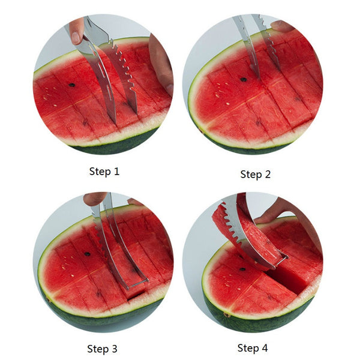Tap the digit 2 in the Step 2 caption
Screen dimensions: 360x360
[268, 174]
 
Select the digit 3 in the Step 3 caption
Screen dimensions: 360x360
[115, 349]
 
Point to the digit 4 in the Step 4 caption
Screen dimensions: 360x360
[265, 348]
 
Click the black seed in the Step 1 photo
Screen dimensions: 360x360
[72, 85]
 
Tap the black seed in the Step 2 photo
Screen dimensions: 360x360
[244, 80]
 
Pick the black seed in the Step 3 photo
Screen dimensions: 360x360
[87, 254]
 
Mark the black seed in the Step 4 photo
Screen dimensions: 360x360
[242, 269]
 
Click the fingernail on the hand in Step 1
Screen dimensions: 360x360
[75, 37]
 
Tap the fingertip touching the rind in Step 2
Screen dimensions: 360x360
[281, 26]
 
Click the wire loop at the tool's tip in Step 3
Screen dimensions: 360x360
[137, 284]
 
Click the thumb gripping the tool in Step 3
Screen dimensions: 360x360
[94, 199]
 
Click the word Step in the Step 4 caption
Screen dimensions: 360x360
[246, 348]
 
